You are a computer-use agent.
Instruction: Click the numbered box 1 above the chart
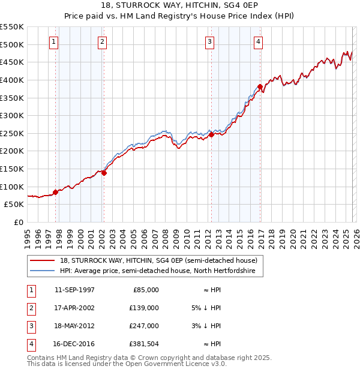pyautogui.click(x=54, y=41)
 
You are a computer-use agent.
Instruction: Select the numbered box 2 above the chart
pyautogui.click(x=103, y=41)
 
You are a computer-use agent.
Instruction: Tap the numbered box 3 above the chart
pyautogui.click(x=209, y=41)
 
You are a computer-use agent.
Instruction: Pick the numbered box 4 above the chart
pyautogui.click(x=258, y=41)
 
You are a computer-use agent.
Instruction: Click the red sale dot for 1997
pyautogui.click(x=55, y=192)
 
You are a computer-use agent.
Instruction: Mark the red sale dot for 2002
pyautogui.click(x=104, y=173)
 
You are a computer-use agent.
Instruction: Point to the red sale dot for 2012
pyautogui.click(x=211, y=134)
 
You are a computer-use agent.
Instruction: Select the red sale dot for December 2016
pyautogui.click(x=260, y=87)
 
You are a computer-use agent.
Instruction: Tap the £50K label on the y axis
pyautogui.click(x=14, y=204)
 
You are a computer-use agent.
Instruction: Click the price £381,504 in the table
pyautogui.click(x=145, y=344)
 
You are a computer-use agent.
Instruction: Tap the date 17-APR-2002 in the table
pyautogui.click(x=74, y=307)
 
